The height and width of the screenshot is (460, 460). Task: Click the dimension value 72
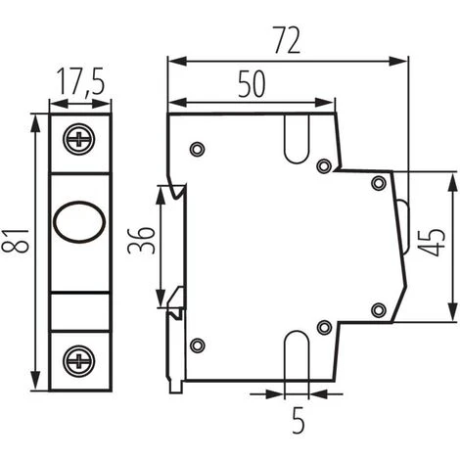tap(287, 40)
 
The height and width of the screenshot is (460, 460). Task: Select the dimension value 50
tap(252, 84)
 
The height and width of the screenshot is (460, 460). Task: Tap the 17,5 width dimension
tap(80, 82)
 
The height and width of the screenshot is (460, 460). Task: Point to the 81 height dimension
tap(15, 241)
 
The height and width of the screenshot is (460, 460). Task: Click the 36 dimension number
tap(141, 240)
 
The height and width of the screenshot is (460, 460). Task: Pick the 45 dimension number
tap(432, 242)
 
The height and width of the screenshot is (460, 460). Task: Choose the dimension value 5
tap(298, 420)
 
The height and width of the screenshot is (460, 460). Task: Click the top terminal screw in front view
tap(79, 139)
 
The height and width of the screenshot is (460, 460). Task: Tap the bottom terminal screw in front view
tap(79, 361)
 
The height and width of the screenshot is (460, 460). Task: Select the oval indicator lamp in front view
tap(79, 222)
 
